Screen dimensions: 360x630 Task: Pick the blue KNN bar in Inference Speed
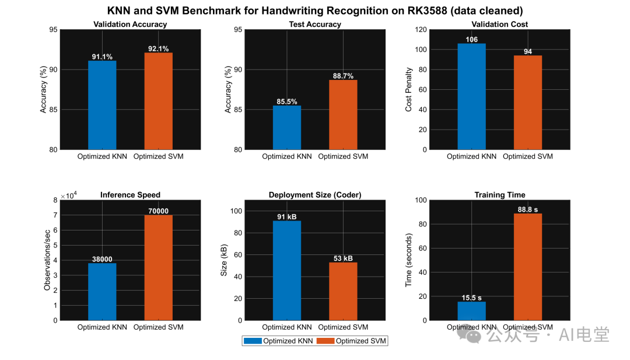tap(102, 291)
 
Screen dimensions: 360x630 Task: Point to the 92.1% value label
tap(158, 48)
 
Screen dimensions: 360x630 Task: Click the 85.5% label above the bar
tap(287, 102)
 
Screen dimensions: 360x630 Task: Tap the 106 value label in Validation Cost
tap(471, 40)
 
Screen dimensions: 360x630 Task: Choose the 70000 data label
tap(158, 211)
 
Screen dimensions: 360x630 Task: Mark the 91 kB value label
tap(287, 217)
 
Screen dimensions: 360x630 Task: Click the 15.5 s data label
tap(471, 298)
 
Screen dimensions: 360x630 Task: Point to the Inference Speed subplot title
tap(130, 195)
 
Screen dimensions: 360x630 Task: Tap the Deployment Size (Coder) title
tap(315, 195)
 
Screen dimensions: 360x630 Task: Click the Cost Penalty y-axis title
tap(409, 89)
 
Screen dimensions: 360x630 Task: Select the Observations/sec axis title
tap(47, 260)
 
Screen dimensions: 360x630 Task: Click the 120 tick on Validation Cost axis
tap(419, 30)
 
